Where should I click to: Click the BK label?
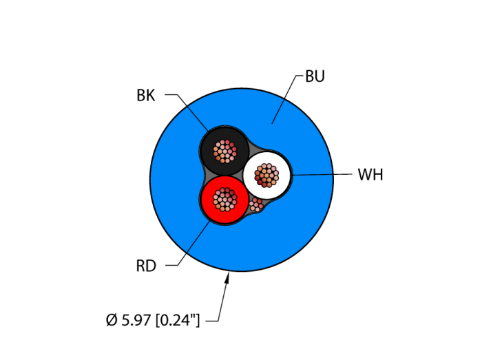(146, 96)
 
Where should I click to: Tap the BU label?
(315, 76)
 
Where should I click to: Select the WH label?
(370, 175)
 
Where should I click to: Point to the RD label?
(146, 266)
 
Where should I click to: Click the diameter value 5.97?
(136, 320)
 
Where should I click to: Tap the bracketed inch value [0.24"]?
(177, 320)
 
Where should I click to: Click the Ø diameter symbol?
(112, 320)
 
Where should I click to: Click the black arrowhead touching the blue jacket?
(228, 277)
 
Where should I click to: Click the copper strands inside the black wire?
(224, 149)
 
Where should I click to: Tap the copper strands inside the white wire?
(267, 174)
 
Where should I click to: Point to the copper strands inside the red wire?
(224, 200)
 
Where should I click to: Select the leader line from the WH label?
(324, 174)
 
